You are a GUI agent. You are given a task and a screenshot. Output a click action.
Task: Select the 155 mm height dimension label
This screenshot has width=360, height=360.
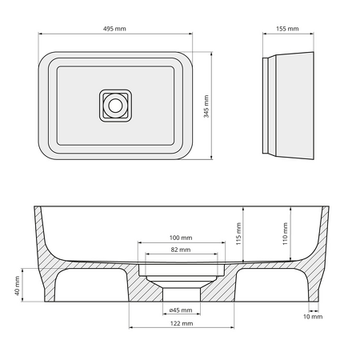point(287,28)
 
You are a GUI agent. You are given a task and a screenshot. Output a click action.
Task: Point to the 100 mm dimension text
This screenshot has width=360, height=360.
point(180,238)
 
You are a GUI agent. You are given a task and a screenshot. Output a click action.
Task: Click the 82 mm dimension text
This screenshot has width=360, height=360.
point(180,250)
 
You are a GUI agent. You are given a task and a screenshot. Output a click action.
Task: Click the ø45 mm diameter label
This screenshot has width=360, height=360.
point(180,310)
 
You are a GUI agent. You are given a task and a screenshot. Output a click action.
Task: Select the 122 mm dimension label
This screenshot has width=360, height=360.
point(182,323)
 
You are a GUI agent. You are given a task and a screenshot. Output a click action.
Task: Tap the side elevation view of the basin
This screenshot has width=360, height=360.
point(288,104)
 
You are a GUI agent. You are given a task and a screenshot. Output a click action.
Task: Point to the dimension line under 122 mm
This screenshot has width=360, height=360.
point(180,329)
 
